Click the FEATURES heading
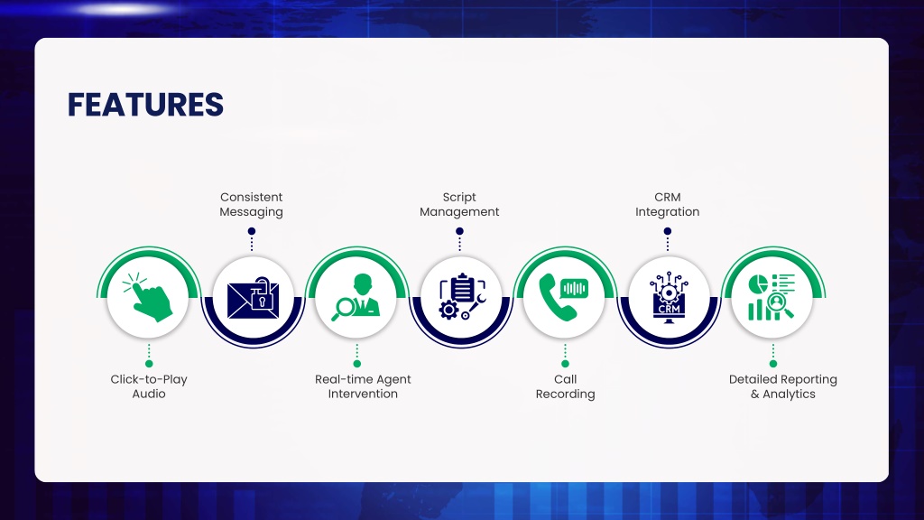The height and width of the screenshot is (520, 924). tap(145, 105)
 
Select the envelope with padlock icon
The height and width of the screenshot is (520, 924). tap(253, 298)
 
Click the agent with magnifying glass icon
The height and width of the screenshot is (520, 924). tap(356, 297)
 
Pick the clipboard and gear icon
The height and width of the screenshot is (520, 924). tap(462, 296)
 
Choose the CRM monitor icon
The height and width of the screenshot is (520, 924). tap(669, 297)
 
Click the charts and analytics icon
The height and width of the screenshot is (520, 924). tap(772, 297)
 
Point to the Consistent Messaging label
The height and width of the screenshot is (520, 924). tap(251, 205)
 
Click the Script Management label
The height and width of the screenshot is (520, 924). tap(459, 205)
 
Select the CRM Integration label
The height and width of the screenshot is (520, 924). tap(667, 205)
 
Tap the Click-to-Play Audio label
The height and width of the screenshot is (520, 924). tap(149, 386)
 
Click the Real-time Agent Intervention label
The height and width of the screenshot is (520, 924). tap(363, 386)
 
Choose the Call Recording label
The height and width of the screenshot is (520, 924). tap(565, 386)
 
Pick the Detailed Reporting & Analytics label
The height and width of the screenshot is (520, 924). tap(782, 386)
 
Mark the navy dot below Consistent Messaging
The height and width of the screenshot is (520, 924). tap(252, 231)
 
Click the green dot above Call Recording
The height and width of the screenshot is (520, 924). tap(565, 364)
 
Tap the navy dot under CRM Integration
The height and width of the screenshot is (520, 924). tap(667, 231)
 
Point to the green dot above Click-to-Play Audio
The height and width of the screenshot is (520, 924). tap(149, 364)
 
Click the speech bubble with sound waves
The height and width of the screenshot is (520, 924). tap(574, 288)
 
